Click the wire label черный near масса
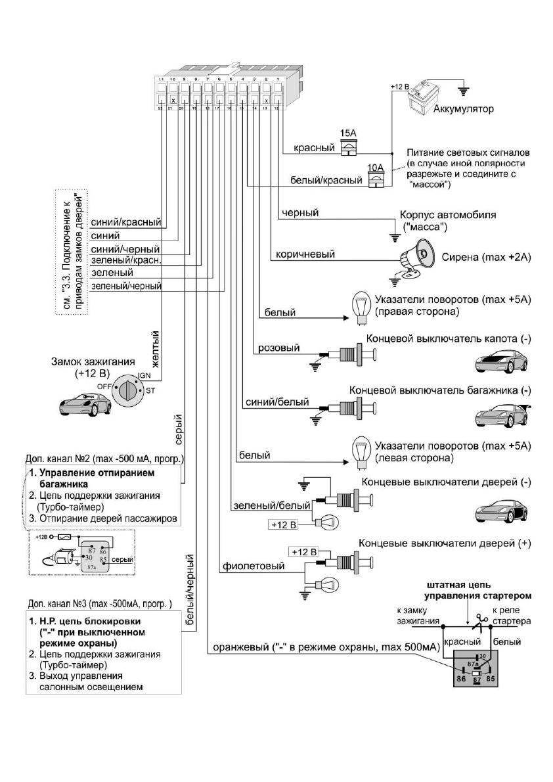point(299,213)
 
